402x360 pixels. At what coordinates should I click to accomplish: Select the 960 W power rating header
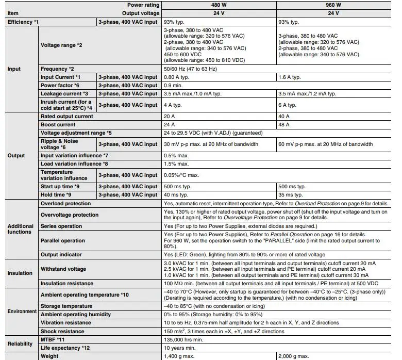pos(333,5)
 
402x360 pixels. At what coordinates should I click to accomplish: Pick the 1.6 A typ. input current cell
pos(289,77)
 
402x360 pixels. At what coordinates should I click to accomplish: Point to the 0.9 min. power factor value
pos(174,86)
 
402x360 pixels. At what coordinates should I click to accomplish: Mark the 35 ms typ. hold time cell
pos(292,194)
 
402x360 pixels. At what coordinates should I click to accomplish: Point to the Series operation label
pos(61,226)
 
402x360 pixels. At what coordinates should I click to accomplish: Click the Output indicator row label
pos(63,254)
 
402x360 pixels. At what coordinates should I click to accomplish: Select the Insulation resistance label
pos(67,283)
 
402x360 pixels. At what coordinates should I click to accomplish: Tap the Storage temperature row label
pos(67,306)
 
